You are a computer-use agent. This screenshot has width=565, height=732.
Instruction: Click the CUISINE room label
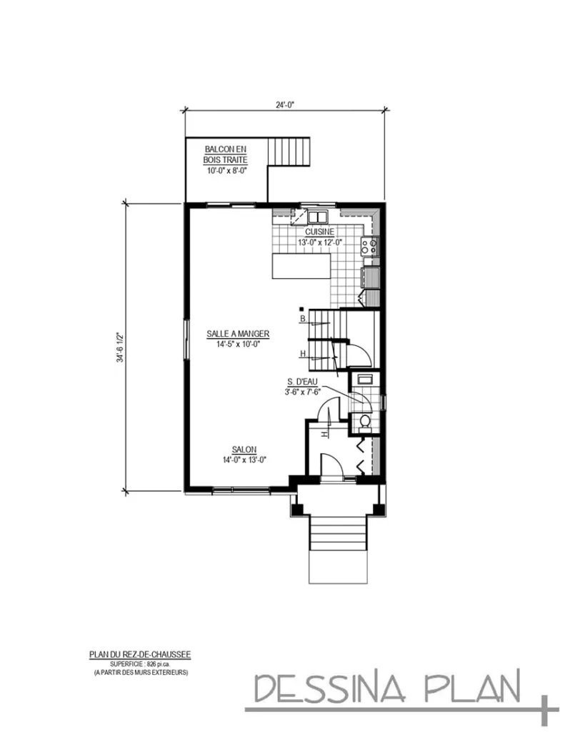tap(319, 232)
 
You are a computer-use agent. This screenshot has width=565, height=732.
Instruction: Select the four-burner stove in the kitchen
tap(369, 247)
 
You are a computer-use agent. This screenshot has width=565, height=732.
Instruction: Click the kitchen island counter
tap(301, 267)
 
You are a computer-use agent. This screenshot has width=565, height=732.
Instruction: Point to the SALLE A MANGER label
tap(238, 334)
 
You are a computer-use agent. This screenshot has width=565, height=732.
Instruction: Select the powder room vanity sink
tap(364, 379)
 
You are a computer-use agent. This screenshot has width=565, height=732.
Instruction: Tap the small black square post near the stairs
tap(301, 310)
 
